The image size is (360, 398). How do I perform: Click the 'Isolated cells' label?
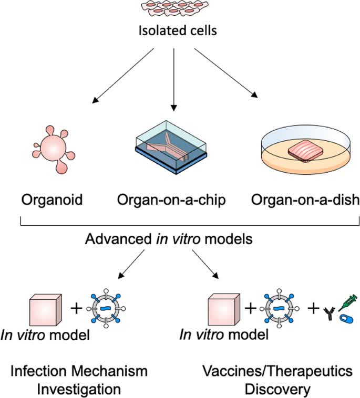[178, 30]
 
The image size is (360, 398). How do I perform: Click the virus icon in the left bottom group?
[107, 308]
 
